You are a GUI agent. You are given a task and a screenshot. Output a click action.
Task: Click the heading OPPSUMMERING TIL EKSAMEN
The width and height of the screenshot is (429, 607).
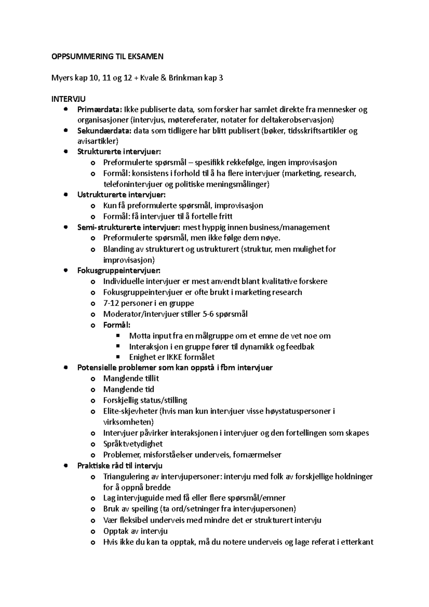pos(107,56)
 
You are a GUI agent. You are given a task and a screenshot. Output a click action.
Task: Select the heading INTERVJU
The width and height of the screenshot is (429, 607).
pos(69,99)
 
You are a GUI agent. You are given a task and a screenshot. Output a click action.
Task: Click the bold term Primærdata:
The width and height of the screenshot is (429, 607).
pos(100,109)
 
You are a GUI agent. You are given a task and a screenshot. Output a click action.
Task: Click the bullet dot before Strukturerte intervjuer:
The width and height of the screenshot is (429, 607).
pos(65,152)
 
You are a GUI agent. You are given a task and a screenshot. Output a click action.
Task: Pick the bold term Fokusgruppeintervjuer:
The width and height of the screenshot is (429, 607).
pos(119,270)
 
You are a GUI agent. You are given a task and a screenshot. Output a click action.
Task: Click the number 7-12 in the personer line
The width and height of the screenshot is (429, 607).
pos(111,303)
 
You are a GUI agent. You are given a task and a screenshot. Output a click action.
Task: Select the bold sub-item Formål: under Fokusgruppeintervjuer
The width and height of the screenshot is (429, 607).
pos(117,325)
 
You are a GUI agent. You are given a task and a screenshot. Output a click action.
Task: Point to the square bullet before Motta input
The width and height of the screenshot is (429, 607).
pos(118,336)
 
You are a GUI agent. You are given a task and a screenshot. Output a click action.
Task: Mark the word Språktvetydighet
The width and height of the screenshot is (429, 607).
pos(133,444)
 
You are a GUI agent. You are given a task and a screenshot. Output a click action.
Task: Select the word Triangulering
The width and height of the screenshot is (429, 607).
pos(126,477)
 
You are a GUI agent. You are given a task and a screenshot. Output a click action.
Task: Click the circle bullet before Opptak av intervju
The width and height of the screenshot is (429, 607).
pos(93,531)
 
